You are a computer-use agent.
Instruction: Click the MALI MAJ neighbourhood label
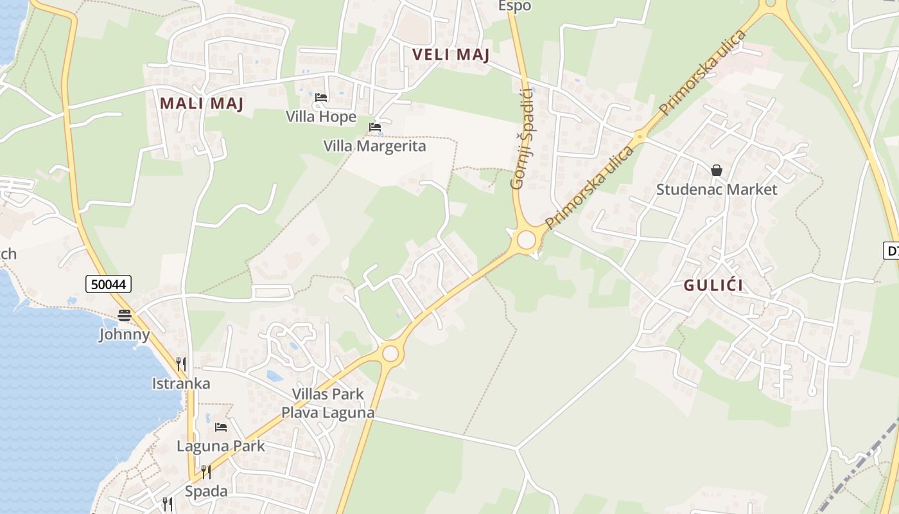(x=202, y=103)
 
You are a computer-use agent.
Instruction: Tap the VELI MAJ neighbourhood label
(x=451, y=55)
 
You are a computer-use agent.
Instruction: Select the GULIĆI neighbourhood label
(x=713, y=285)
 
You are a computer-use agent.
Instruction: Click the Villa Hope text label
(x=321, y=117)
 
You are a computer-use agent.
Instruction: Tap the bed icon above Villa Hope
(x=321, y=98)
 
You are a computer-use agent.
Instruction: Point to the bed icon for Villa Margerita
(x=375, y=127)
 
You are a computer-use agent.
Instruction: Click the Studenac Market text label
(x=716, y=190)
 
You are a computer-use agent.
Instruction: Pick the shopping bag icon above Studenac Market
(x=716, y=170)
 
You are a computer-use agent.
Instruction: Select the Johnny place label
(x=125, y=334)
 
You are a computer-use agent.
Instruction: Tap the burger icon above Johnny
(x=125, y=315)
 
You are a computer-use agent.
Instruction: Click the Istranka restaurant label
(x=181, y=384)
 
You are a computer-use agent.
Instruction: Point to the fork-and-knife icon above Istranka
(x=181, y=364)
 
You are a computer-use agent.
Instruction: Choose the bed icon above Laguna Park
(x=221, y=427)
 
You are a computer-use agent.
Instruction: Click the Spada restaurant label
(x=206, y=492)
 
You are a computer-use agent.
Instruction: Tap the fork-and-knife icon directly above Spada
(x=206, y=472)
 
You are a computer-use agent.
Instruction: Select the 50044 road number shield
(x=108, y=283)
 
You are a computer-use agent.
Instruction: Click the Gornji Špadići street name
(x=523, y=138)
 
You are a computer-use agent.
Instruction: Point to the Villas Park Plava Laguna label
(x=327, y=403)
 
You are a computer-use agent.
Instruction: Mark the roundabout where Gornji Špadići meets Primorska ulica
(x=527, y=240)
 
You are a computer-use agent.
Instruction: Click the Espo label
(x=515, y=6)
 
